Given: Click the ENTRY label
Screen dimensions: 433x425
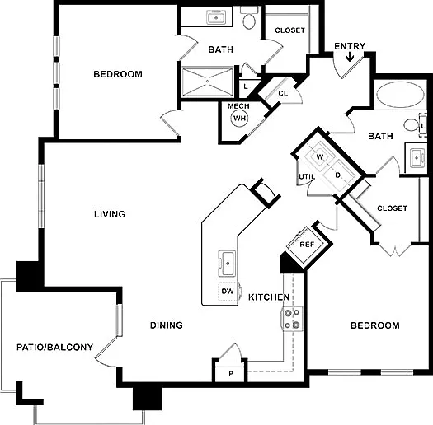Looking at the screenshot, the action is click(x=350, y=46).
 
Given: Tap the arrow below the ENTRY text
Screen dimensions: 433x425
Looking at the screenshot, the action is click(x=350, y=57).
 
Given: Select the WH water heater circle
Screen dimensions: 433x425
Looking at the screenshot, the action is click(x=239, y=119).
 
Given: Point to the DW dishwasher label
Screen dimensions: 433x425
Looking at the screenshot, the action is click(x=228, y=291).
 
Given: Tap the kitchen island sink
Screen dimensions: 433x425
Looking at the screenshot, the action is click(x=228, y=263).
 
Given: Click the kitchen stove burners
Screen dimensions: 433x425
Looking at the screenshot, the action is click(x=292, y=319).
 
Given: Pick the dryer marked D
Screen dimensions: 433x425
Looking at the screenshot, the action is click(x=338, y=175).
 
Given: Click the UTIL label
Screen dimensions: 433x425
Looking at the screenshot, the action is click(x=307, y=176).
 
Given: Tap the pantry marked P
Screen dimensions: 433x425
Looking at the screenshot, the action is click(x=230, y=374).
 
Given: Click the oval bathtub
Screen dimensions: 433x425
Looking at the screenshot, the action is click(x=400, y=95).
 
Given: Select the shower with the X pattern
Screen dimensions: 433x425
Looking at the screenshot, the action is click(x=207, y=82).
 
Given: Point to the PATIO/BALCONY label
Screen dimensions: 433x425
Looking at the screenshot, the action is click(x=55, y=347).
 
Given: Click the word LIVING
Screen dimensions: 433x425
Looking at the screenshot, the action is click(x=110, y=214).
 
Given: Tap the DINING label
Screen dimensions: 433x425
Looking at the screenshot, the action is click(x=167, y=325).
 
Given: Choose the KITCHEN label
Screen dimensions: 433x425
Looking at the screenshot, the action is click(x=269, y=297).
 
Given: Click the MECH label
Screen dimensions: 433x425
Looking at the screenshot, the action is click(x=238, y=106).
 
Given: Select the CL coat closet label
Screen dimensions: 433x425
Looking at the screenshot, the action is click(x=283, y=94).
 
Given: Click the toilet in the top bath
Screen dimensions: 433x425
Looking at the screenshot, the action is click(x=249, y=18).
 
